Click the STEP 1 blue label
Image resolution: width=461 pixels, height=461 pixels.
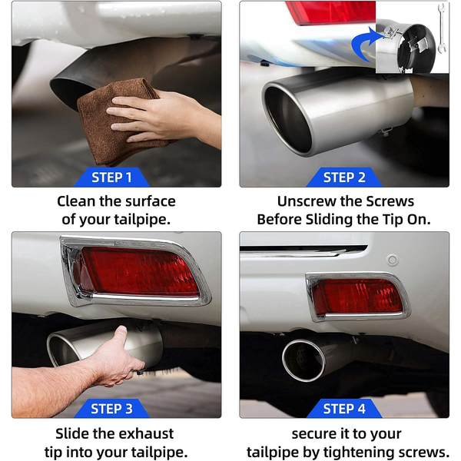click(111, 177)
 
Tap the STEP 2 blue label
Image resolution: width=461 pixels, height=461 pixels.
click(344, 177)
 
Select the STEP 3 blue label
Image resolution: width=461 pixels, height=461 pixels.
click(111, 409)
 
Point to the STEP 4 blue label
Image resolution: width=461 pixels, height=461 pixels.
click(344, 409)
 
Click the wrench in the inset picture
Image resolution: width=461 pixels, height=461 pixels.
click(441, 28)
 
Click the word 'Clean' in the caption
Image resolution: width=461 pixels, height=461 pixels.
click(76, 201)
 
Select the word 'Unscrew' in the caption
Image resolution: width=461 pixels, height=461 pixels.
click(306, 201)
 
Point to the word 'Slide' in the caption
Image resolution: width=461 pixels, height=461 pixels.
click(72, 433)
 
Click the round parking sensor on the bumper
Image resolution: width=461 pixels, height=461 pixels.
click(392, 260)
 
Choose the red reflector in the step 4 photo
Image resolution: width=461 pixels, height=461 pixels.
click(357, 297)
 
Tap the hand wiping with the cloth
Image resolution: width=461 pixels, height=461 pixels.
click(164, 118)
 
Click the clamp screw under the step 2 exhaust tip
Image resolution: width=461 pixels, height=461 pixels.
click(385, 131)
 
